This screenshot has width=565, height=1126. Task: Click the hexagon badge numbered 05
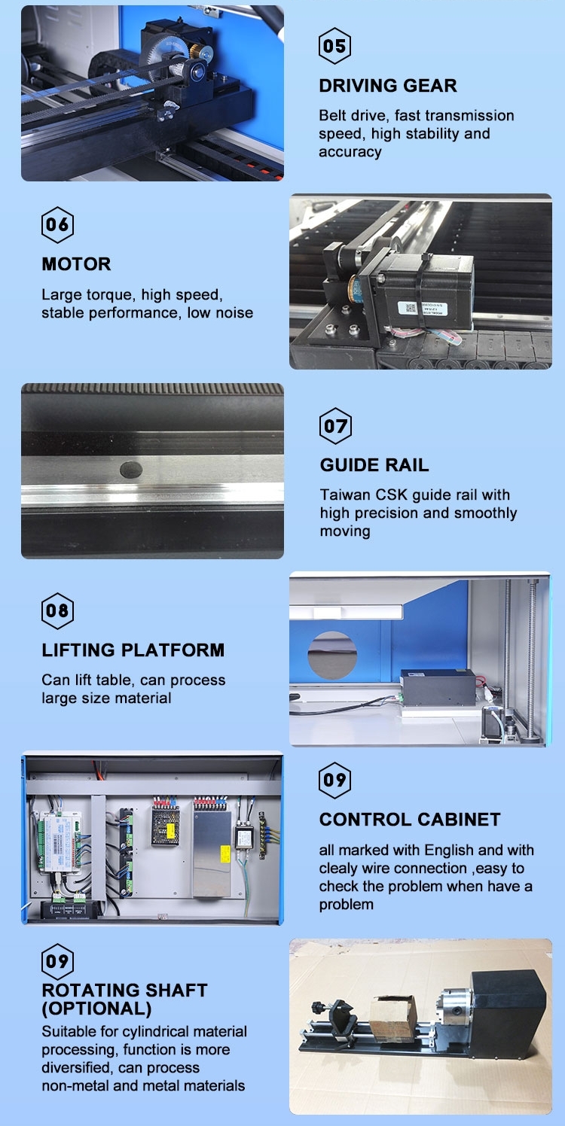(x=334, y=46)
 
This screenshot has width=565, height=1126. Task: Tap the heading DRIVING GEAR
(x=388, y=86)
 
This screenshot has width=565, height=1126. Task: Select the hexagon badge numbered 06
(x=57, y=225)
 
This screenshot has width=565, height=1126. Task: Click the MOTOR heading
(x=77, y=264)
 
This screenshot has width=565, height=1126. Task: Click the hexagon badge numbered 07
(x=335, y=426)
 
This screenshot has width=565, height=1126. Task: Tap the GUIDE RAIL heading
(x=374, y=465)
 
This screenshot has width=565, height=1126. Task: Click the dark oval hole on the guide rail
(x=131, y=470)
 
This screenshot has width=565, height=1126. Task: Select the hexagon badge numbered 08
(x=57, y=610)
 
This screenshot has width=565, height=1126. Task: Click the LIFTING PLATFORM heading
(x=133, y=650)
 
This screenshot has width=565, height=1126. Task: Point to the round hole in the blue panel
(x=332, y=656)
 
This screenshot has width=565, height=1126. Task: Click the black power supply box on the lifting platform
(x=438, y=687)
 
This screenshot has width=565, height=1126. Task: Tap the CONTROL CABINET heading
(x=410, y=820)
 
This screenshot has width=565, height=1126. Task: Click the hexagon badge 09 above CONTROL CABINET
(x=334, y=781)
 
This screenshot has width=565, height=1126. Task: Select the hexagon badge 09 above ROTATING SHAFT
(x=57, y=961)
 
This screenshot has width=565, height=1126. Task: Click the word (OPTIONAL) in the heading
(x=96, y=1009)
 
